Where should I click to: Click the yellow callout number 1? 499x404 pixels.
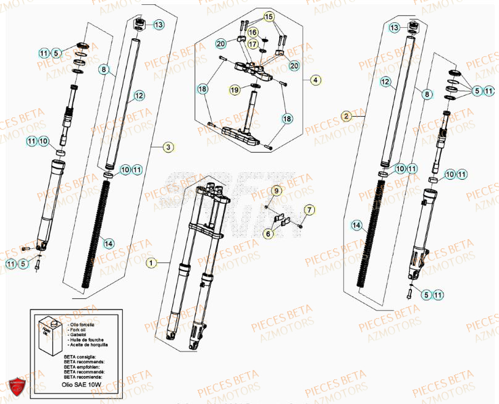tap(149, 263)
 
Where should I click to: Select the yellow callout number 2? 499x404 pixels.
tap(346, 116)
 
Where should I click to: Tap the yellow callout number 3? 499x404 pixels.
tap(168, 147)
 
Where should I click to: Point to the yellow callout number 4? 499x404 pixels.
tap(315, 80)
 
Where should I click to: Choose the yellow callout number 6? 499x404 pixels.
tap(269, 234)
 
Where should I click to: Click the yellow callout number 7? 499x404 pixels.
tap(309, 211)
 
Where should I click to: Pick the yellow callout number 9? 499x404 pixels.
tap(277, 191)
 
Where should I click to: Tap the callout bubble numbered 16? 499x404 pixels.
tap(253, 31)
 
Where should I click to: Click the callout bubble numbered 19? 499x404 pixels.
tap(235, 90)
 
